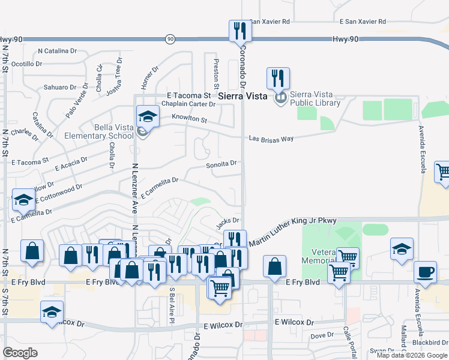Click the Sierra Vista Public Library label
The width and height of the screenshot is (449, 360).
point(315,98)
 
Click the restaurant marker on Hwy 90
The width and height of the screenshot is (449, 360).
point(240,31)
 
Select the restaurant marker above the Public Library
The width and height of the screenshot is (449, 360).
point(278,77)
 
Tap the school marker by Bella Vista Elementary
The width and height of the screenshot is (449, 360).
point(147,116)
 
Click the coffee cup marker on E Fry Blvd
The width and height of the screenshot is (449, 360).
point(425,271)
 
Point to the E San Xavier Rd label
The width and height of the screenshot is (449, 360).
point(363,22)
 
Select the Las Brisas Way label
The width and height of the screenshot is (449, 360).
point(271,139)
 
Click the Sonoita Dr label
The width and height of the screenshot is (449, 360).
point(221,163)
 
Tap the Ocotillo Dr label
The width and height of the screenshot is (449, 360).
point(30,64)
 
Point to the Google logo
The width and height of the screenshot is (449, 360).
point(20,353)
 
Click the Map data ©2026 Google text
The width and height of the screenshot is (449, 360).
point(412,355)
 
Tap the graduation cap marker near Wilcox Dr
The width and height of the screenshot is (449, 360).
point(52,312)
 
